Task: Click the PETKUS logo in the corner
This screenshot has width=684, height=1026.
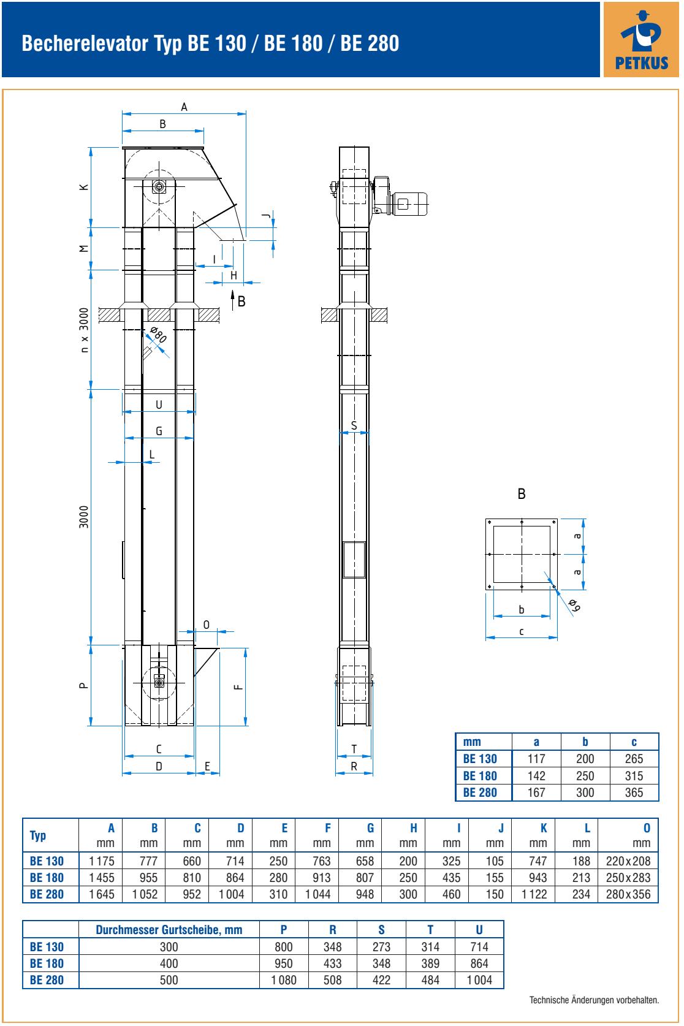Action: coord(641,39)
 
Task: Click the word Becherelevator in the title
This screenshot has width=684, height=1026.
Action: coord(85,44)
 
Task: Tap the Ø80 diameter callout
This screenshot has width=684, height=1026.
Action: coord(158,335)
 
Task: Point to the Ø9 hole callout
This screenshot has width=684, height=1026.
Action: coord(574,605)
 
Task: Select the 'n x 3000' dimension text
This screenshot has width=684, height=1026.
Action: coord(83,330)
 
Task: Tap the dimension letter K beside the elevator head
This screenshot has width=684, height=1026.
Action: coord(84,187)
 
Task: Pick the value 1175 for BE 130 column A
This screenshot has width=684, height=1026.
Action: coord(102,861)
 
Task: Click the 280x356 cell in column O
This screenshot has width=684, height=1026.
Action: coord(628,894)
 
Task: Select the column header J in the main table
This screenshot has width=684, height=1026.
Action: coord(501,828)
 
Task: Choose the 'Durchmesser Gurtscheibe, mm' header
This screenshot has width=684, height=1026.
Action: coord(169,930)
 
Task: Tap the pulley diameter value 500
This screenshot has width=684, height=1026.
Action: coord(169,980)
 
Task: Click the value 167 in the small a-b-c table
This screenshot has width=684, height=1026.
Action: coord(536,792)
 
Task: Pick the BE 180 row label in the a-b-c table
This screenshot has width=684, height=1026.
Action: coord(480,776)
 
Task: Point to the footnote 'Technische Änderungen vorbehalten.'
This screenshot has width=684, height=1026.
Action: coord(594,1000)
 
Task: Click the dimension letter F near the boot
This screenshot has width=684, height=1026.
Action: coord(238,686)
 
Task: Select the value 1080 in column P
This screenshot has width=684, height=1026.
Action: coord(284,980)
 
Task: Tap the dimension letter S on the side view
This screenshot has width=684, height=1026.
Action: coord(354,425)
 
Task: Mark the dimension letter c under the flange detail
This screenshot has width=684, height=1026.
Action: coord(522,632)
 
